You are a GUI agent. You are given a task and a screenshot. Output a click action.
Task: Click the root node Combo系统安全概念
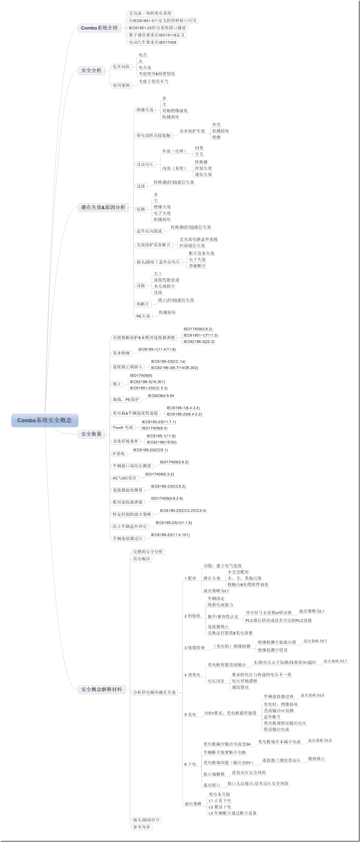[x=44, y=420]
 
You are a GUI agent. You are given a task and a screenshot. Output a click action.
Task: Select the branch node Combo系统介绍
[x=99, y=28]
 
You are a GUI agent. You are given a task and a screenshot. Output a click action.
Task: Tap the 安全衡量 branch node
[x=91, y=434]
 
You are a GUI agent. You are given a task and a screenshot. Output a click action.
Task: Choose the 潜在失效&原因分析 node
[x=103, y=207]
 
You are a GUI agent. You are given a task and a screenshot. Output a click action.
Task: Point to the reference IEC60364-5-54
[x=161, y=395]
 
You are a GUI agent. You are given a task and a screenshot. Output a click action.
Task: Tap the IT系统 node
[x=119, y=454]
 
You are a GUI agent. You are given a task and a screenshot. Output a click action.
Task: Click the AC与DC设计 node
[x=124, y=478]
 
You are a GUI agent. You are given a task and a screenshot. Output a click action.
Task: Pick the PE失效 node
[x=143, y=316]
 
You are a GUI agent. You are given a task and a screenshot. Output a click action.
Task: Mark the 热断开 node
[x=143, y=304]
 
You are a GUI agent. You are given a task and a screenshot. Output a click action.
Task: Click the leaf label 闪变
[x=199, y=148]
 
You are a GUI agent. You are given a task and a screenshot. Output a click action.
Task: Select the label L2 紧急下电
[x=220, y=807]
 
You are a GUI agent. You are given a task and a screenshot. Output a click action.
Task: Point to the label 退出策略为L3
[x=320, y=740]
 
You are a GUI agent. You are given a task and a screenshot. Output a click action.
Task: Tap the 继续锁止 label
[x=316, y=759]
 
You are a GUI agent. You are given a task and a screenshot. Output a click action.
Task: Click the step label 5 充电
[x=190, y=715]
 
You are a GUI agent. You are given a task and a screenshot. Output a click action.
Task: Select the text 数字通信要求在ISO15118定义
[x=157, y=35]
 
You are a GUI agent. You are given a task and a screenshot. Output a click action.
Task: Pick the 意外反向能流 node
[x=149, y=231]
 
